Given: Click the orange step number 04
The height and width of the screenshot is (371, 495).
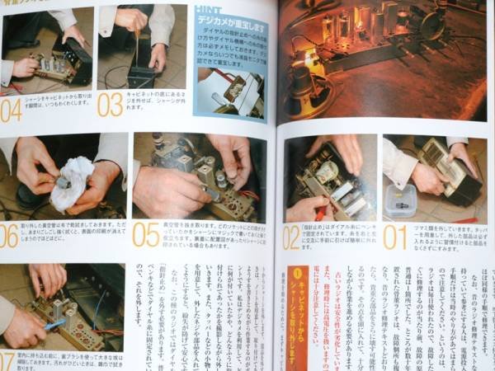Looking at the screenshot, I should pyautogui.click(x=12, y=109).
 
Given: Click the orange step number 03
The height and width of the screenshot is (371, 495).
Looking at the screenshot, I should pyautogui.click(x=110, y=105).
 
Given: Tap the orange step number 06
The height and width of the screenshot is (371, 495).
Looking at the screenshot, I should pyautogui.click(x=8, y=235).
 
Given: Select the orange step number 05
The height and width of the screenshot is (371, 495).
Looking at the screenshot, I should pyautogui.click(x=146, y=234).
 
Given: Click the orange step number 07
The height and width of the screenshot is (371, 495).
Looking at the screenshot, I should pyautogui.click(x=7, y=361).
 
